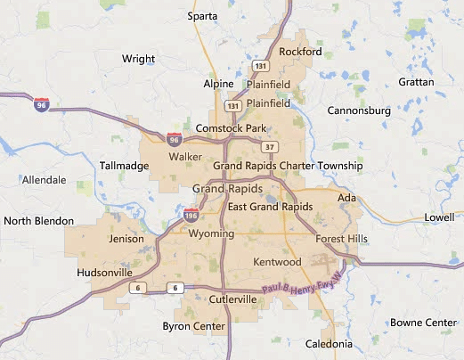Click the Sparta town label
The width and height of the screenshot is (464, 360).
click(204, 15)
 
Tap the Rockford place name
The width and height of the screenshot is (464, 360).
click(300, 52)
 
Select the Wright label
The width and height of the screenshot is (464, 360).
click(138, 59)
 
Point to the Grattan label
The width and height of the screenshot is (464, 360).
click(417, 82)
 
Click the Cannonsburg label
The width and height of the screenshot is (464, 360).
click(360, 110)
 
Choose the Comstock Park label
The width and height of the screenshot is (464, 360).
click(231, 128)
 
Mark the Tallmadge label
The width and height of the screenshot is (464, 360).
click(124, 166)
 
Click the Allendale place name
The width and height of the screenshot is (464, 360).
click(44, 180)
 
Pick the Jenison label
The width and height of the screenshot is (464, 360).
click(125, 240)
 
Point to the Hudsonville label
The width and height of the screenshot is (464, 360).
click(104, 272)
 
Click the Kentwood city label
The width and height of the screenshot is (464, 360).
click(278, 261)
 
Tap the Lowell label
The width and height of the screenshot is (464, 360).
click(438, 217)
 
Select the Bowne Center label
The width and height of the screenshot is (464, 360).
click(423, 322)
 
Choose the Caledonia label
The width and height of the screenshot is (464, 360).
click(329, 344)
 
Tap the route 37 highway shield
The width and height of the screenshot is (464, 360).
click(270, 147)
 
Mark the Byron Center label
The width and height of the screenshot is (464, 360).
click(194, 326)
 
